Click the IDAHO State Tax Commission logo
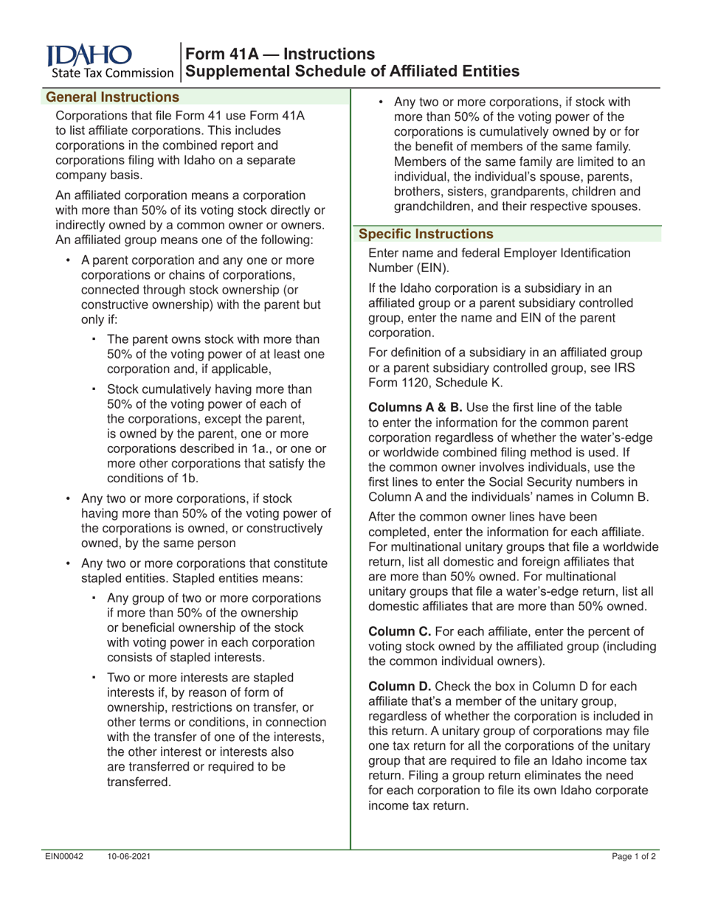[109, 61]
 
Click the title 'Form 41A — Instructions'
[280, 54]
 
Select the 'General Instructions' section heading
[113, 97]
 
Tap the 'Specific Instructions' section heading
[426, 234]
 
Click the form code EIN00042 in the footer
[64, 856]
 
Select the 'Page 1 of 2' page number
[634, 856]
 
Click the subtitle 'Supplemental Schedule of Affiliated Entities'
[353, 72]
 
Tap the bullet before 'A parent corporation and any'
[69, 260]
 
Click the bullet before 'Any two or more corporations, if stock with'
[381, 102]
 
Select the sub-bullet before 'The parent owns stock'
[94, 339]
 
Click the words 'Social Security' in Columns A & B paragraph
[530, 482]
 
